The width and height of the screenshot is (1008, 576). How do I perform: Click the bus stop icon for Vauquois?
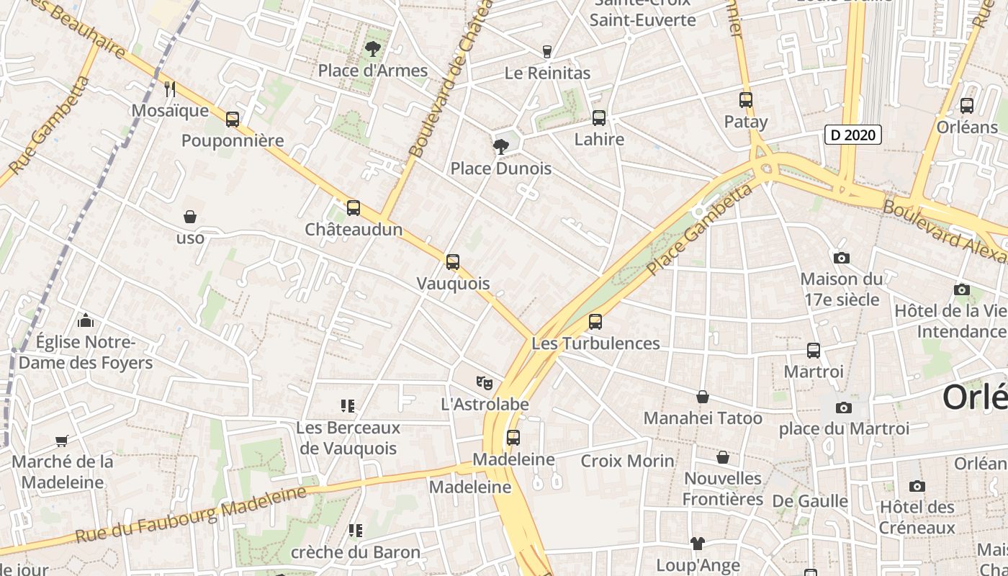pos(452,262)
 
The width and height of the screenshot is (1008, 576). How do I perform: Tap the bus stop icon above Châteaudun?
pos(353,208)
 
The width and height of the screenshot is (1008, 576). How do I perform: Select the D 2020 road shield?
pos(852,135)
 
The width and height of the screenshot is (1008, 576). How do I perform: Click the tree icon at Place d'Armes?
pos(372,49)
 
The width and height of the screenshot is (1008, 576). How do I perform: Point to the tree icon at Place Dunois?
pos(500,147)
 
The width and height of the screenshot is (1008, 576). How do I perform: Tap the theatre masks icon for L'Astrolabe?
pos(484,383)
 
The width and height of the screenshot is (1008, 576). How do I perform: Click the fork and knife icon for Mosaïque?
pos(170,89)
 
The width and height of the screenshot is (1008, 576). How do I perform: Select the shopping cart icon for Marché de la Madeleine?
pos(62,441)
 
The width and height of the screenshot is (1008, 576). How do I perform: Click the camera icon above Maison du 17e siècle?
pos(840,258)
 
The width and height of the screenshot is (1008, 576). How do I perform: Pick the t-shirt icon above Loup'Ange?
pos(697,544)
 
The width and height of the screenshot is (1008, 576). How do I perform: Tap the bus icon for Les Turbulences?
pos(595,322)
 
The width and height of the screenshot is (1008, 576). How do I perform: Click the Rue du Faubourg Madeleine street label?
pos(191,515)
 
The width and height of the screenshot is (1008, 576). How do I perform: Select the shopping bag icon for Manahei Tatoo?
pos(702,397)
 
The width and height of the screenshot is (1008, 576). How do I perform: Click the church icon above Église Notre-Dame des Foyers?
pos(85,320)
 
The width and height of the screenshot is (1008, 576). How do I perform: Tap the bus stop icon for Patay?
pos(745,100)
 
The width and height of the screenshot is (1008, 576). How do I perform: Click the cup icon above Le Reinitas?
pos(546,52)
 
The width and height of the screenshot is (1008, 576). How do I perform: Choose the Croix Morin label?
pos(627,460)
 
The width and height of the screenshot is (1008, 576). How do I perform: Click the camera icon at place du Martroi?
pos(843,408)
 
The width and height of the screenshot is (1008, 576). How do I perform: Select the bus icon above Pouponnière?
pos(232,120)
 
